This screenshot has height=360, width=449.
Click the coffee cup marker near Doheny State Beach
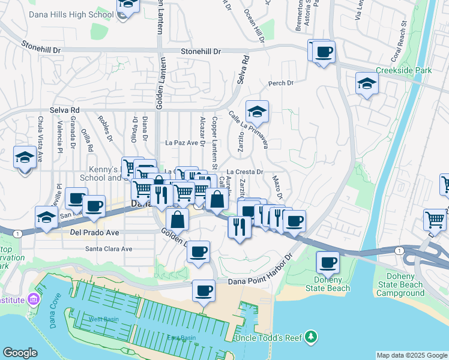click(x=328, y=262)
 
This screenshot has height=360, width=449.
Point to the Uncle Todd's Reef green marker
click(x=310, y=337)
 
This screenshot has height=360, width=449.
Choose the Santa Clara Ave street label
click(x=108, y=248)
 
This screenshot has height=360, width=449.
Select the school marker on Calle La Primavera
click(x=257, y=111)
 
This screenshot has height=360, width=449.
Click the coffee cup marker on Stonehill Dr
click(x=324, y=52)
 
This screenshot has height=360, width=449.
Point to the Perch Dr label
click(x=280, y=83)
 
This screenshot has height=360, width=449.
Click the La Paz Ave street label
click(x=181, y=143)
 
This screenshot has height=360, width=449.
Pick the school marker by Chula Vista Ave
click(x=25, y=157)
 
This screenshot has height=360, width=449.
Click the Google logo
click(x=20, y=353)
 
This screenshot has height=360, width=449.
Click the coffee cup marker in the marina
click(x=203, y=292)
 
